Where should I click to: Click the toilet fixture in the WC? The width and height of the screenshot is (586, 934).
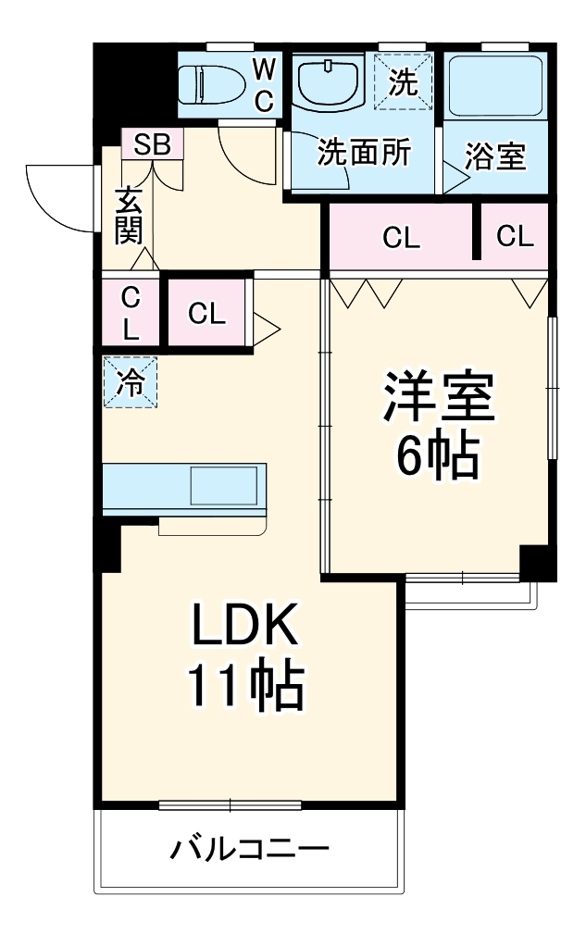tap(211, 84)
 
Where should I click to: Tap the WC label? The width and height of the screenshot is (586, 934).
tap(265, 86)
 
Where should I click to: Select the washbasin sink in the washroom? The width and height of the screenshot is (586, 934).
tap(329, 84)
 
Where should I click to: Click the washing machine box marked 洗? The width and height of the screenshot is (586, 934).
tap(403, 81)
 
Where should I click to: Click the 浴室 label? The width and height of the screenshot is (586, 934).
tap(495, 156)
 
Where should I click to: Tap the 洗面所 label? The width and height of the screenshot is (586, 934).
tap(364, 153)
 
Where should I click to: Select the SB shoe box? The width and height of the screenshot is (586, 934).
tap(153, 143)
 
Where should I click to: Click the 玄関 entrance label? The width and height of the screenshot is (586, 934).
tap(129, 215)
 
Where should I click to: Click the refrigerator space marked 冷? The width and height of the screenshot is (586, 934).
tap(131, 381)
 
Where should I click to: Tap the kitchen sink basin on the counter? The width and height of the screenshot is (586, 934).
tap(223, 485)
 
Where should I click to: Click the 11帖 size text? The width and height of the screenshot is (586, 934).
tap(246, 685)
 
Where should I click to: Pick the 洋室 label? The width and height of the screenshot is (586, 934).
tap(438, 396)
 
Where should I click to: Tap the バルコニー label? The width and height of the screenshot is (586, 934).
tap(250, 848)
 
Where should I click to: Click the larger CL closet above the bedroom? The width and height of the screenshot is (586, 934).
tap(401, 238)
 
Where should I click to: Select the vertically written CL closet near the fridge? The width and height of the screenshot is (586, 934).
tap(131, 313)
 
